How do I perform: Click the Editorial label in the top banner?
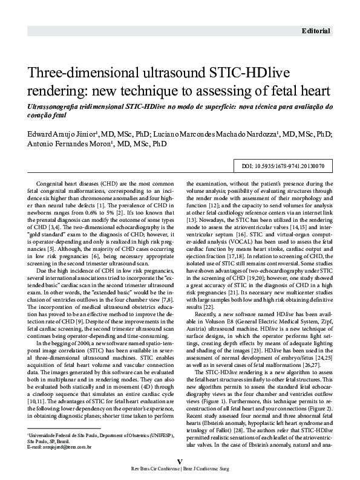tap(317, 30)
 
